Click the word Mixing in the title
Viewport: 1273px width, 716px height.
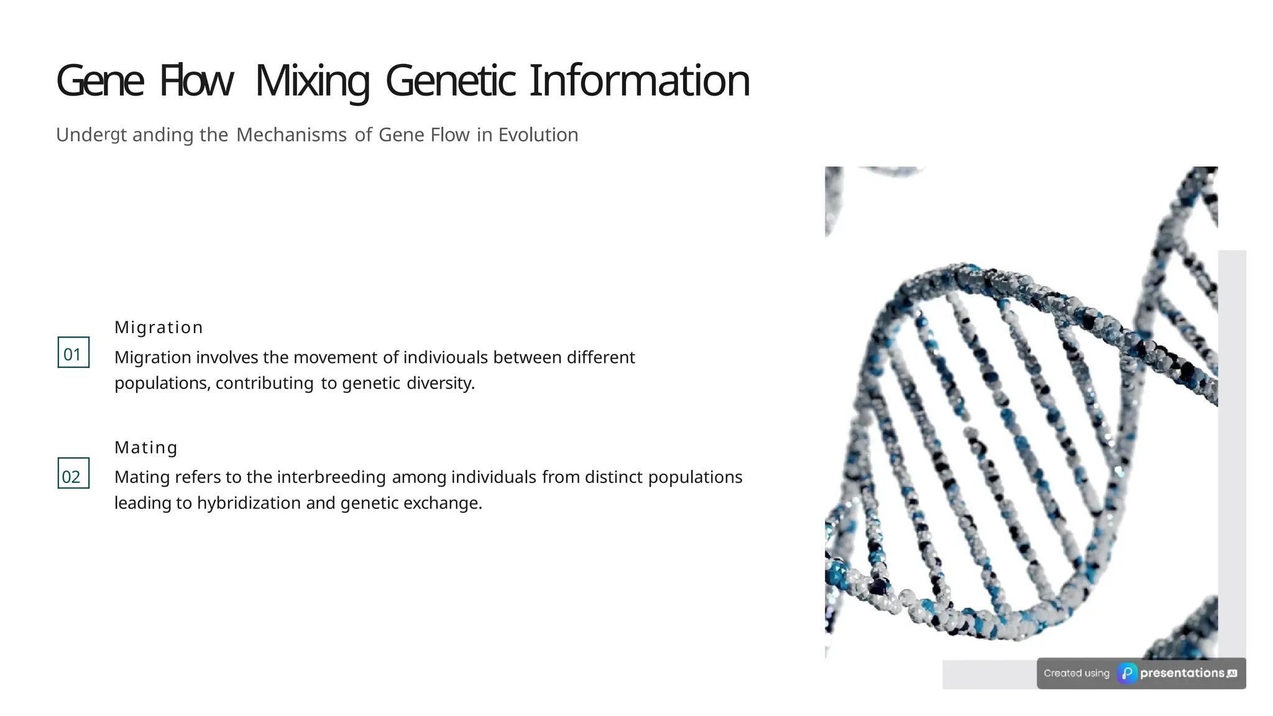pyautogui.click(x=312, y=81)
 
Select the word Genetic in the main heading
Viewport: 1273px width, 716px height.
pyautogui.click(x=450, y=81)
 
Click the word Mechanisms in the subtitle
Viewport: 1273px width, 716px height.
pyautogui.click(x=291, y=135)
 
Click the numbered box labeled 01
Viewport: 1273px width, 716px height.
pyautogui.click(x=73, y=353)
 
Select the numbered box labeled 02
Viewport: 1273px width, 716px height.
pyautogui.click(x=73, y=474)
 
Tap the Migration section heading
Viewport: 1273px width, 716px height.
pyautogui.click(x=159, y=328)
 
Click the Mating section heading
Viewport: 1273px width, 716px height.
pyautogui.click(x=146, y=447)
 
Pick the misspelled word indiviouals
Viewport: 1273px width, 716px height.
pyautogui.click(x=445, y=357)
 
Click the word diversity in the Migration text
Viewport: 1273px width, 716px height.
pyautogui.click(x=440, y=383)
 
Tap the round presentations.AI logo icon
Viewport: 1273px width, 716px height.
pyautogui.click(x=1127, y=674)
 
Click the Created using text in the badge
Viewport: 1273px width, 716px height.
pyautogui.click(x=1076, y=674)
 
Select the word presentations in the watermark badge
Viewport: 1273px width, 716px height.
pyautogui.click(x=1182, y=673)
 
